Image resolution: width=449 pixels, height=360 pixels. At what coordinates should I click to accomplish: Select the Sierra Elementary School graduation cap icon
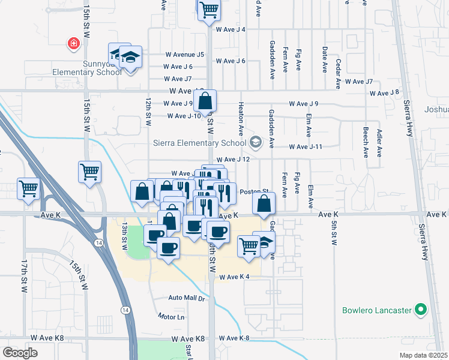tap(256, 142)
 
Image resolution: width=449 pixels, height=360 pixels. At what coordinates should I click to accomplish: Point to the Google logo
tap(20, 352)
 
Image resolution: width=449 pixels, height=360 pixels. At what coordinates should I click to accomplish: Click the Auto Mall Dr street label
tap(187, 298)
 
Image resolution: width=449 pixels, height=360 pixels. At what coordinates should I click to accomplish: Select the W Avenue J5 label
tap(184, 55)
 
